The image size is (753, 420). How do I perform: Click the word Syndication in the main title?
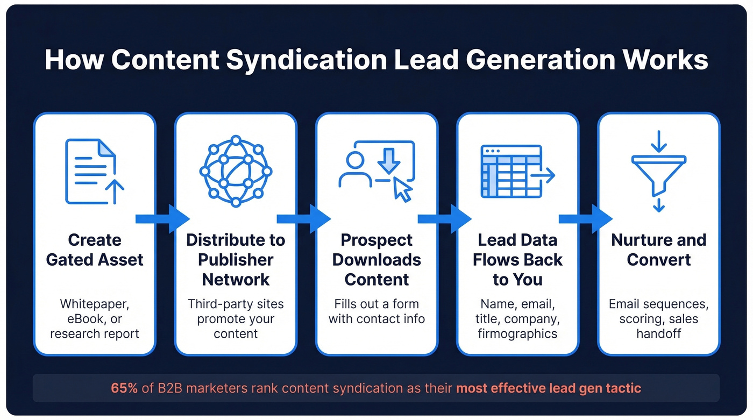tap(304, 60)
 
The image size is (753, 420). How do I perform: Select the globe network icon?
tap(236, 171)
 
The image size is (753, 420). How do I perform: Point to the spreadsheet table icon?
tap(511, 172)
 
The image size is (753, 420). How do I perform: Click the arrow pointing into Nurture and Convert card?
tap(586, 218)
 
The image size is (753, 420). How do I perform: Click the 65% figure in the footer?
tap(124, 388)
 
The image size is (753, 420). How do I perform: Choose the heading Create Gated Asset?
tap(95, 250)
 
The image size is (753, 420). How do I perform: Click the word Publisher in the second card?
tap(236, 259)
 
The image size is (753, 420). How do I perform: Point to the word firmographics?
tap(517, 333)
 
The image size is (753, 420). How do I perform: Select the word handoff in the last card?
tap(658, 333)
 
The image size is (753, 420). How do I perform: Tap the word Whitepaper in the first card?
tap(95, 304)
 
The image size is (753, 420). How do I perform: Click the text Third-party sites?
tap(236, 304)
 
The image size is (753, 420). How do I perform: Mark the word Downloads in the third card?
tap(376, 259)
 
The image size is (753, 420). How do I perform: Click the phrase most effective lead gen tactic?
tap(549, 388)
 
